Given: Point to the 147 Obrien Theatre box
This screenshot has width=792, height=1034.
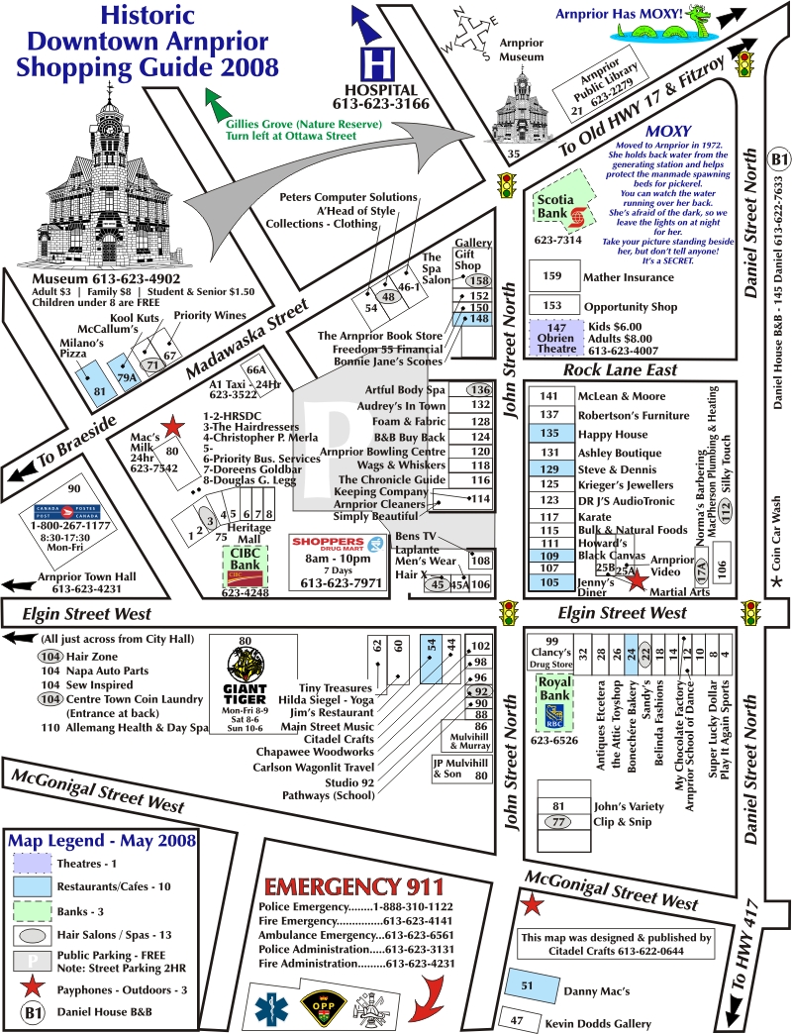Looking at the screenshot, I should [x=556, y=337].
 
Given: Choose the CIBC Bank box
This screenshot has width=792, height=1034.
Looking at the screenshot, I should [x=245, y=569].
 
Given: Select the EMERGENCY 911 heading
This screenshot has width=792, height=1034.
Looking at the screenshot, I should [x=354, y=884].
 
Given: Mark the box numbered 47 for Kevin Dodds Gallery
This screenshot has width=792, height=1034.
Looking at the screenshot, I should [x=517, y=1020].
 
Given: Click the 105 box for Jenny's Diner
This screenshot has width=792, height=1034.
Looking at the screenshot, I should [x=550, y=583].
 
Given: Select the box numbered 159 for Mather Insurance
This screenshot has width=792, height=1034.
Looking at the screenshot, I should [x=553, y=276].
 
